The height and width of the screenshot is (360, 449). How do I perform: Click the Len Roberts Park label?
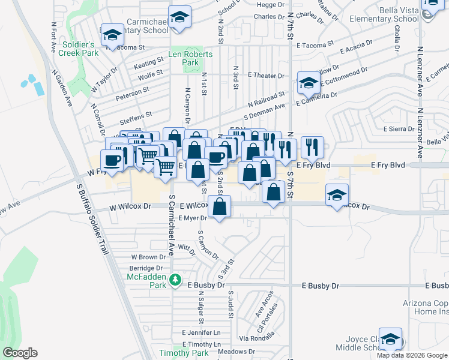183,58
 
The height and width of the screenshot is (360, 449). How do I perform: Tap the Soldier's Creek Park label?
76,49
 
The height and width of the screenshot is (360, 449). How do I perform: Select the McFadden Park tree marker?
175,280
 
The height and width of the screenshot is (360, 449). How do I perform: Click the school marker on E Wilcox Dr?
337,194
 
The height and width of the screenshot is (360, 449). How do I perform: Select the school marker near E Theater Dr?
309,82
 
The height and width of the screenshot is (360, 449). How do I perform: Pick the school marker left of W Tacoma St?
112,35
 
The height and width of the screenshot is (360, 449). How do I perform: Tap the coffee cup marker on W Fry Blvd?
112,160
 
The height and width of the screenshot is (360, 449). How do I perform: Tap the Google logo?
20,353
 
